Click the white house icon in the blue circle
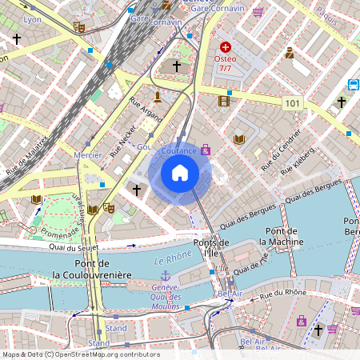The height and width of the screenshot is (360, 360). click(x=180, y=173)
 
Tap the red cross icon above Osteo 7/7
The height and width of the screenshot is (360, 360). click(x=226, y=47)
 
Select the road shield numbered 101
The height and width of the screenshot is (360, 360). click(x=293, y=103)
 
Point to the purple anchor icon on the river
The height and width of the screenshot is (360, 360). click(x=166, y=276)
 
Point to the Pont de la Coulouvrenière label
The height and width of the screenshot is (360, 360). click(x=91, y=269)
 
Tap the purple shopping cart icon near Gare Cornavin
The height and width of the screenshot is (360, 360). click(x=257, y=12)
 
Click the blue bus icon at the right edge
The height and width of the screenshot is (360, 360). click(x=354, y=84)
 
